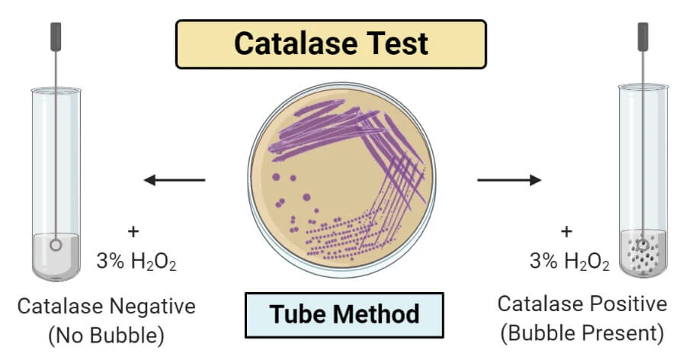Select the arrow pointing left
point(175,181)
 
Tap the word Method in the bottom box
point(378,313)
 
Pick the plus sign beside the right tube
point(566,230)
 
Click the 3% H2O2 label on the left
point(136,262)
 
